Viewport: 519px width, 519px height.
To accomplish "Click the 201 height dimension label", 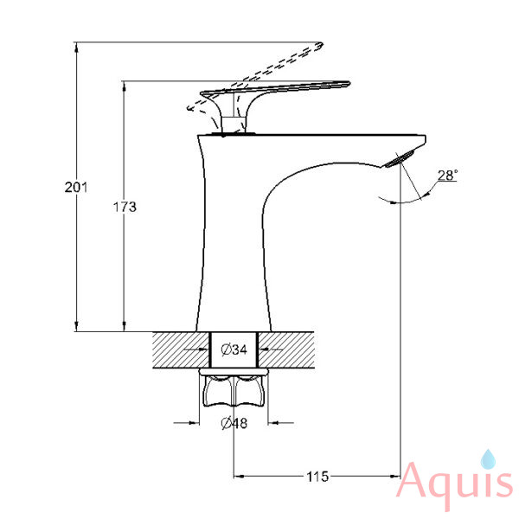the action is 76,188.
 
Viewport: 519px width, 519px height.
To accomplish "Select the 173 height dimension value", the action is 125,207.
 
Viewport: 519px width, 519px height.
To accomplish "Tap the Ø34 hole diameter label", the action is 234,349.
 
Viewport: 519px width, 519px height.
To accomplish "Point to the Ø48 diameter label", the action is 234,423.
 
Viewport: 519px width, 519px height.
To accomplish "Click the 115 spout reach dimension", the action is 317,477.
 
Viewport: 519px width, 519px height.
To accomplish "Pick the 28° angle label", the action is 447,175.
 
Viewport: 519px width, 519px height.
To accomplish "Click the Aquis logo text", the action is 455,484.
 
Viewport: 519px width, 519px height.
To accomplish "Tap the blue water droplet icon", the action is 488,459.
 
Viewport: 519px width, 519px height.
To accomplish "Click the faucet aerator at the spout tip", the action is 399,158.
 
